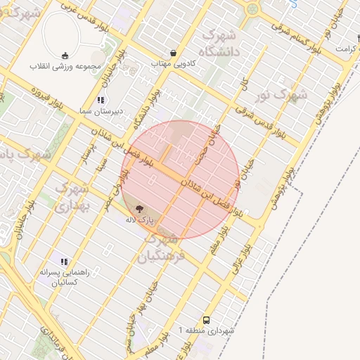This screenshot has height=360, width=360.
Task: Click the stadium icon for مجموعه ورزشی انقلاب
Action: click(65, 56)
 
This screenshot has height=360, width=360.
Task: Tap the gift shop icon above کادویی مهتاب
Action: click(174, 53)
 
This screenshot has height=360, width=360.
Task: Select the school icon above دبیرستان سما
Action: click(101, 101)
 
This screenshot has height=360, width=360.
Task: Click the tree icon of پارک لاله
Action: click(139, 208)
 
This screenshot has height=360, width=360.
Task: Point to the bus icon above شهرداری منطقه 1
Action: click(206, 319)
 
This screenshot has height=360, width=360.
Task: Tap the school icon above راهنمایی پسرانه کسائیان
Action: click(64, 262)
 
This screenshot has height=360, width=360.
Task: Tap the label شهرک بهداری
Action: click(70, 198)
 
